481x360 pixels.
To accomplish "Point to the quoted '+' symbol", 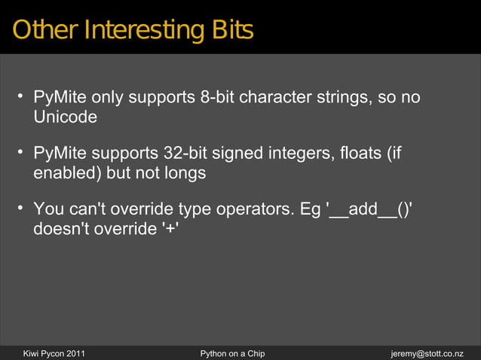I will (170, 228).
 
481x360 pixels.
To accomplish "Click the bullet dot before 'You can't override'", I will (21, 207).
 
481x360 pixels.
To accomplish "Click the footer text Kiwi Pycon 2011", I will (54, 352).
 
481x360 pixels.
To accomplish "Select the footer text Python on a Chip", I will (232, 352).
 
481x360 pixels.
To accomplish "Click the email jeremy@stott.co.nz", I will (427, 352).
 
